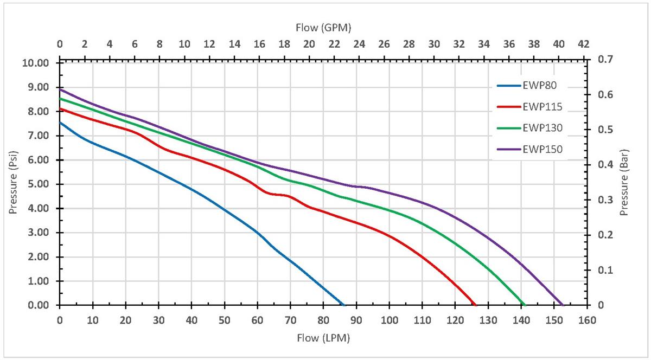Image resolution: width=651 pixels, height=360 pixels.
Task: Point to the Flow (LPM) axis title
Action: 323,338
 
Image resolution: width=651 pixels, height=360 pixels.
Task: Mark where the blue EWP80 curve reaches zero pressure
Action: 343,305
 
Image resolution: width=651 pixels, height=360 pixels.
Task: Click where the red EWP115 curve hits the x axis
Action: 475,305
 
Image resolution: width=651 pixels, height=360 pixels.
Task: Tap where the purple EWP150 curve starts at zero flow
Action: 60,89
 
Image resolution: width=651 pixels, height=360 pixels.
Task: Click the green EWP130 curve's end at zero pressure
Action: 525,305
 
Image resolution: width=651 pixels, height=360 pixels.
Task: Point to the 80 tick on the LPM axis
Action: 323,320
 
